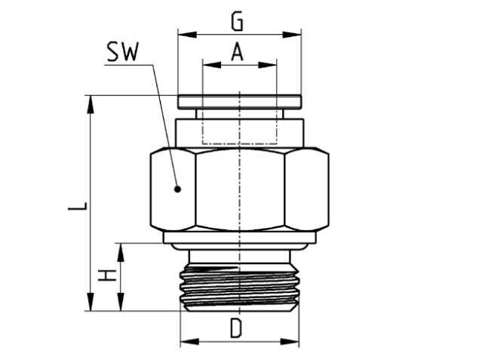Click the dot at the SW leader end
(x=177, y=189)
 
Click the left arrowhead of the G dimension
(x=183, y=34)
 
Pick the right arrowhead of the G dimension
(x=296, y=34)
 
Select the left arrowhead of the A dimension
(x=207, y=65)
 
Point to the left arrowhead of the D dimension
(x=185, y=341)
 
